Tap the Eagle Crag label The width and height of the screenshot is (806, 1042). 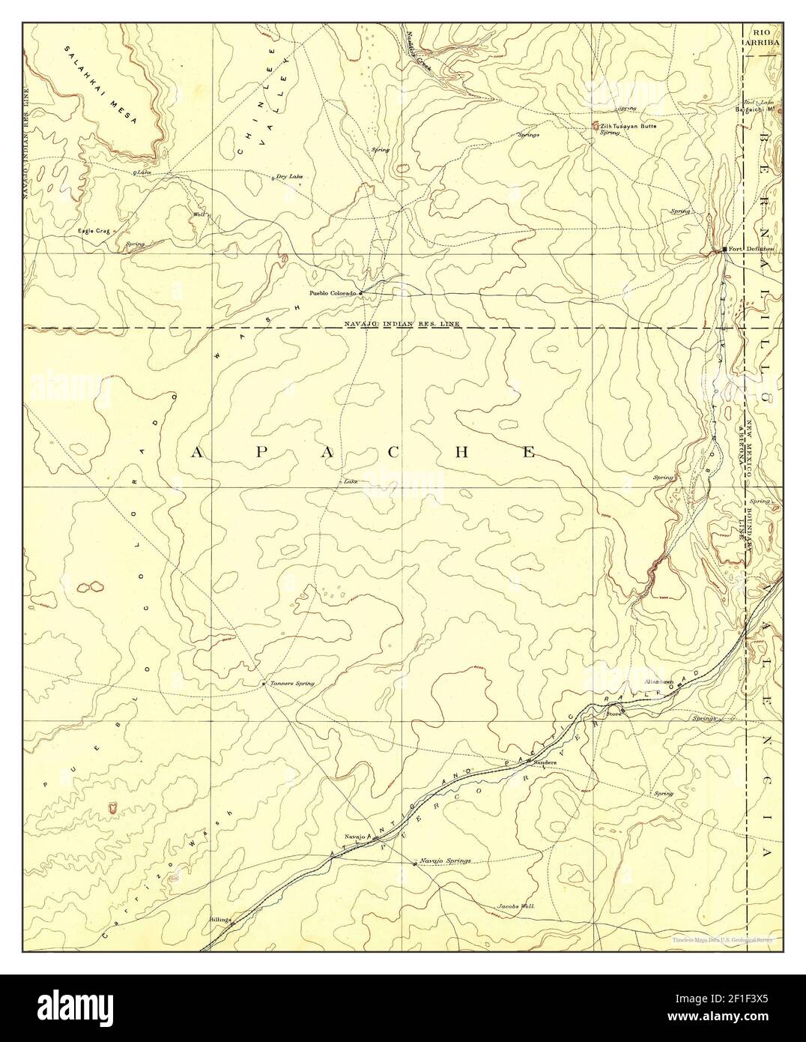(94, 231)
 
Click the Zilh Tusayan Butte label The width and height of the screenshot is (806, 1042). (628, 127)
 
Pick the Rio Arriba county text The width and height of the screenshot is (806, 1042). (762, 38)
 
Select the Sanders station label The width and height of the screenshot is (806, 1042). (544, 761)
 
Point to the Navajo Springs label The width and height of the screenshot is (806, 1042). (445, 861)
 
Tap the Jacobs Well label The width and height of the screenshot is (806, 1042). (516, 906)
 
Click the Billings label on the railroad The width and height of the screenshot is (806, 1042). (218, 916)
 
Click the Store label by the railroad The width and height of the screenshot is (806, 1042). (613, 713)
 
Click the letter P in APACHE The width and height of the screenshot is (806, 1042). (267, 452)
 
